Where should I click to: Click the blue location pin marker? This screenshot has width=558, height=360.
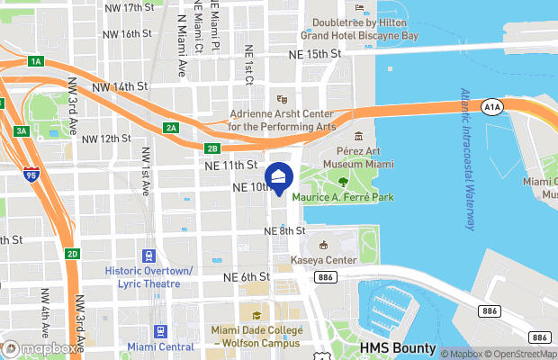pos(279,178)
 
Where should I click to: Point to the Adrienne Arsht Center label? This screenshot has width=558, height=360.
pos(281,121)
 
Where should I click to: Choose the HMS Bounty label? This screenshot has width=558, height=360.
pos(397,347)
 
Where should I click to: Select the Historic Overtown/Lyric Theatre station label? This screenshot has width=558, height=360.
pos(148,276)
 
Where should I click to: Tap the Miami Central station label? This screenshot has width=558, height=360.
pos(161,346)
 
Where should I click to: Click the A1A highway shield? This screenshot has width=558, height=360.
pos(491,107)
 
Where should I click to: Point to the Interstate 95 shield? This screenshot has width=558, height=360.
pos(31,175)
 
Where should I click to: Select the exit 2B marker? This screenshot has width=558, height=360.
pos(212,148)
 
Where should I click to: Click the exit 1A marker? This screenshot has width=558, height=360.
pos(36,61)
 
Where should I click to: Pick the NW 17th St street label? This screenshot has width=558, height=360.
pos(128,7)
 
